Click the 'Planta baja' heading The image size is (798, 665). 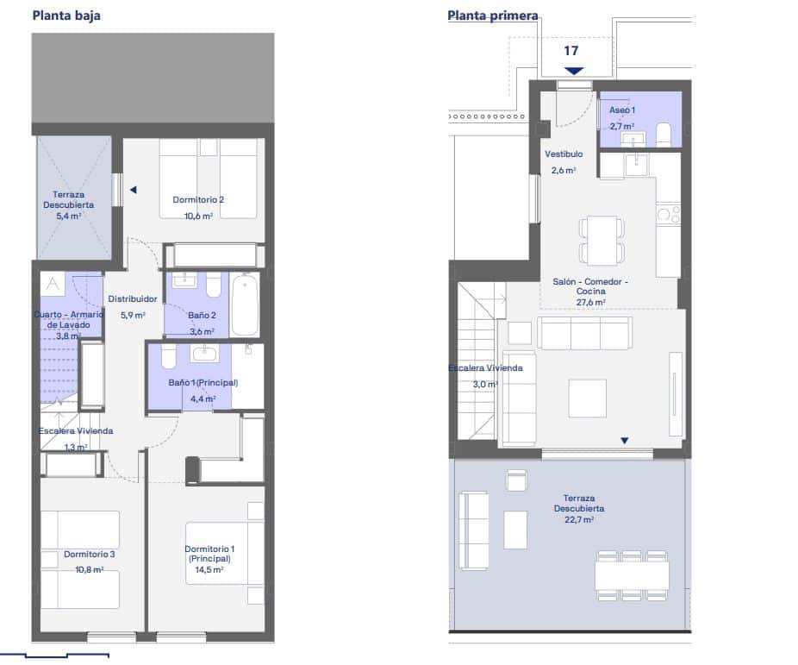tap(65, 15)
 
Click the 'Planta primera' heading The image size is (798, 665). tap(492, 16)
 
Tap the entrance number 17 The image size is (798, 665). tap(570, 50)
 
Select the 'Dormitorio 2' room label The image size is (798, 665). tap(198, 200)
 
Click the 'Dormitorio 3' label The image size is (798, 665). tap(89, 554)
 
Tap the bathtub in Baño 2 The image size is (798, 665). tap(245, 304)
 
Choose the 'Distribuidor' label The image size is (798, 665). tap(132, 299)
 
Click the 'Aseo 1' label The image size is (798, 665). tap(622, 111)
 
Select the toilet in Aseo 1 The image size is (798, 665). tap(664, 135)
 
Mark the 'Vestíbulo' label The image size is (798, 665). tap(564, 154)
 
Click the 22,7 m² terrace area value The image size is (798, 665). tap(578, 520)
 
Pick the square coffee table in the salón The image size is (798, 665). tap(586, 397)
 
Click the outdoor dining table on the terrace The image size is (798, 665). tap(632, 574)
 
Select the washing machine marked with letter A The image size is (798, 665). tap(53, 284)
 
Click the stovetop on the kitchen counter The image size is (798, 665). tap(668, 214)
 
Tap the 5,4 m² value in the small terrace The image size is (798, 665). tap(68, 216)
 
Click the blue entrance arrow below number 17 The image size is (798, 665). tap(574, 70)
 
